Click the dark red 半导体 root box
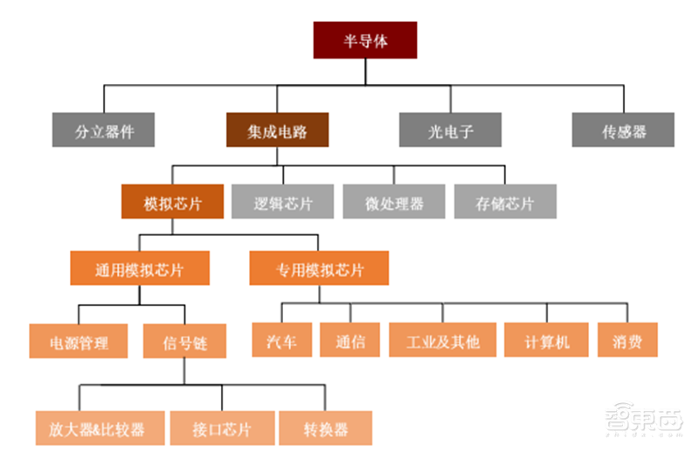364,40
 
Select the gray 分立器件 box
103,131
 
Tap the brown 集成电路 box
276,131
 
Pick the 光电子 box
451,131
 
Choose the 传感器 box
623,131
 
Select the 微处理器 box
394,202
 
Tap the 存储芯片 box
504,202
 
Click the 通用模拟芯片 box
140,268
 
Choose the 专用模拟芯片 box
319,268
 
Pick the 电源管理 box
80,341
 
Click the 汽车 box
280,340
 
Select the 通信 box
349,340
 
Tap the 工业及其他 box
442,340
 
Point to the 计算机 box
547,340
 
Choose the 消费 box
627,340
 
